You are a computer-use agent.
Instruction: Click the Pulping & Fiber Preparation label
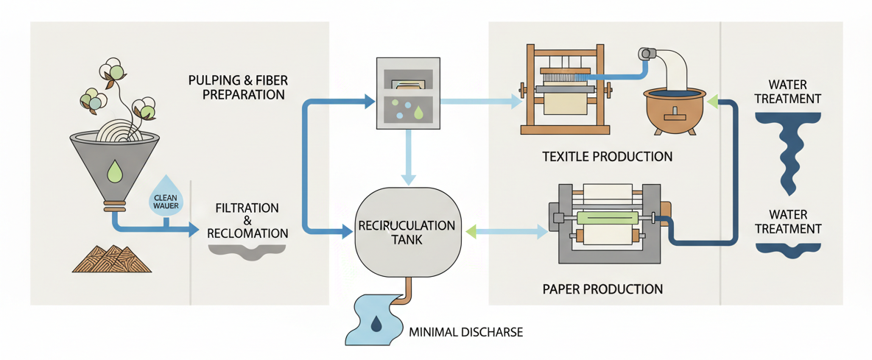click(x=236, y=87)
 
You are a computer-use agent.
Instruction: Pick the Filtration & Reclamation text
click(x=247, y=220)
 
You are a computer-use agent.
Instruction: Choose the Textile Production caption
click(x=607, y=156)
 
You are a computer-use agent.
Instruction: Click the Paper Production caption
click(x=602, y=288)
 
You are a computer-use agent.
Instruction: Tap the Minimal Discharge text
click(x=465, y=332)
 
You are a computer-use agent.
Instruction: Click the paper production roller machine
click(x=608, y=221)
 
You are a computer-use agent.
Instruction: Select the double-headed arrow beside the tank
click(x=507, y=232)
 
